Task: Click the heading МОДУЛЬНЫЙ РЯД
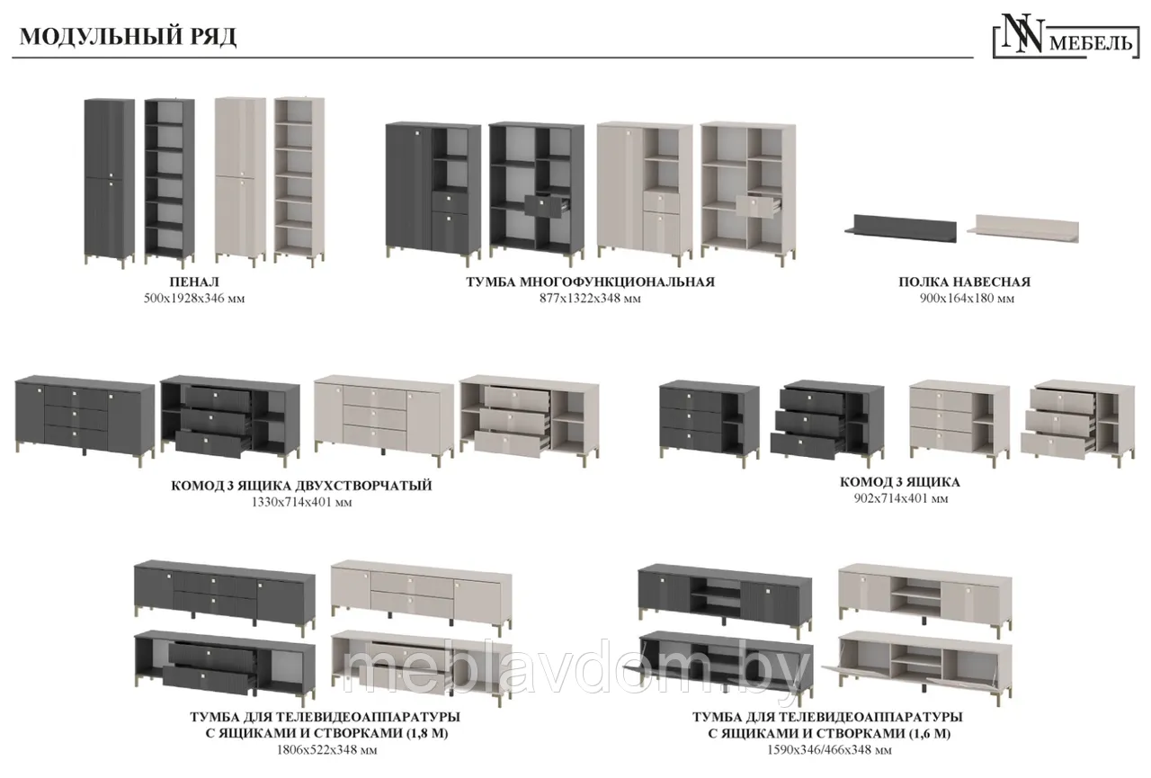pos(128,37)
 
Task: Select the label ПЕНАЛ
pos(194,282)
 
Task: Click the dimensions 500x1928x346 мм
pos(194,299)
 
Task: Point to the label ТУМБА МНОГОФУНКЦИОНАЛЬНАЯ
pos(591,282)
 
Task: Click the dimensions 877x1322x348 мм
pos(591,299)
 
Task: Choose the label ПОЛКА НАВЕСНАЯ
pos(965,282)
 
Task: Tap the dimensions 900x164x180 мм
pos(967,299)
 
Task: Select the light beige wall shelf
pos(1022,228)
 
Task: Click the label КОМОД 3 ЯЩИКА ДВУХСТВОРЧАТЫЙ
pos(301,485)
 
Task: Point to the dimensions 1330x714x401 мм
pos(301,502)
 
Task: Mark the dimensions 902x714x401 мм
pos(901,498)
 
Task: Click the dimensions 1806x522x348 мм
pos(326,750)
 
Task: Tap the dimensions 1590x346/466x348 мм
pos(829,750)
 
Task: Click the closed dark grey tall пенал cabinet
pos(110,183)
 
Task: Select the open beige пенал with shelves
pos(299,182)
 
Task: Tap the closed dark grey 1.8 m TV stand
pos(225,595)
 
